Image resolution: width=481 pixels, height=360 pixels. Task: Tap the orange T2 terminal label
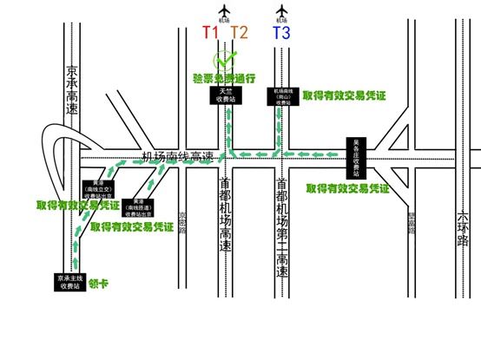pyautogui.click(x=240, y=33)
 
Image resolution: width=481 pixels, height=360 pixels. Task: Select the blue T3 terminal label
pyautogui.click(x=281, y=33)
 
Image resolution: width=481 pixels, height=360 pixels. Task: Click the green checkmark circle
pyautogui.click(x=226, y=62)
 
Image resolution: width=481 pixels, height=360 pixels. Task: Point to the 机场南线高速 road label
pyautogui.click(x=179, y=156)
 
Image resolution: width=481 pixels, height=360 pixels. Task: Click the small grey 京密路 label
pyautogui.click(x=182, y=220)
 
